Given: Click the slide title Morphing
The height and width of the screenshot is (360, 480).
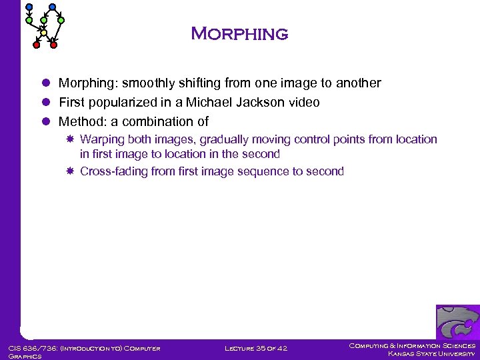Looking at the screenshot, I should pos(239,34).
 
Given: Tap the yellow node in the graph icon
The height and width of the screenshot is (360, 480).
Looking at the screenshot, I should pos(43,32).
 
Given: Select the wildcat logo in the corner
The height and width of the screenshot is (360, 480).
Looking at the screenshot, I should pos(457,323).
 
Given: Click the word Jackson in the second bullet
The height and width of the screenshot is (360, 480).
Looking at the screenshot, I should pos(246,103).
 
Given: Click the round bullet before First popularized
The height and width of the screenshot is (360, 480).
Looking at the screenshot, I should pos(46,103).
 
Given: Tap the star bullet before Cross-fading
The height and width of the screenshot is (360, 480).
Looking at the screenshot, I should pos(70,171).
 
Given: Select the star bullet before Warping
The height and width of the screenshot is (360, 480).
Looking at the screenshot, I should pos(70,139).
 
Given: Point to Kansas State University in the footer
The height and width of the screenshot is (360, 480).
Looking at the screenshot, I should pos(431,353).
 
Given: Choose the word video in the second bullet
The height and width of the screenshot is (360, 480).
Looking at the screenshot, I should pos(303,103).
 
